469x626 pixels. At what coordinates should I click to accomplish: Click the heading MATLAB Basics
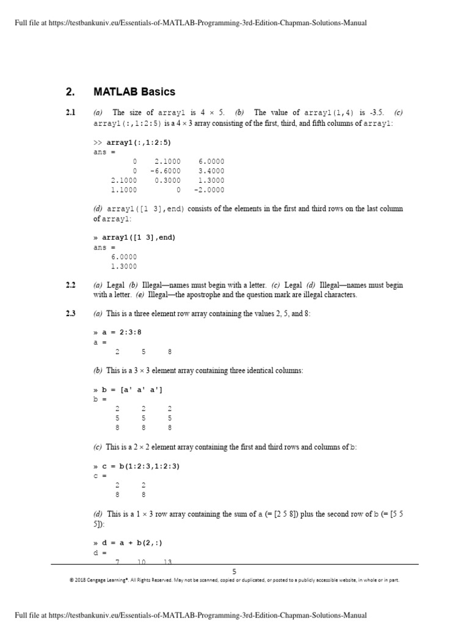click(x=134, y=92)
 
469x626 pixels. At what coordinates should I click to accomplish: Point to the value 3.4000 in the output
click(x=211, y=171)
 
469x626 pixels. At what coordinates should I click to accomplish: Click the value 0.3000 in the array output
click(x=167, y=180)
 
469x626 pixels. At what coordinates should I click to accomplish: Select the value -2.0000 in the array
click(x=209, y=190)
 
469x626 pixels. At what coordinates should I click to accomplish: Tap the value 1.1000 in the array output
click(x=124, y=190)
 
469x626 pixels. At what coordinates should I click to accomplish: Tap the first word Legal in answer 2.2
click(x=116, y=285)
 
